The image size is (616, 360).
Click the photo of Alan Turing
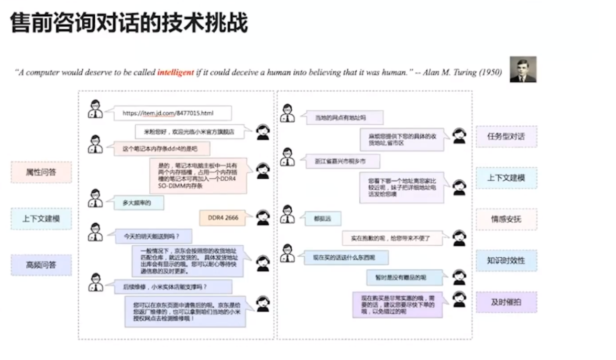click(x=523, y=70)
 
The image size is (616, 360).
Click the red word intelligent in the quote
click(x=175, y=72)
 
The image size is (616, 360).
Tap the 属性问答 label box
click(x=41, y=172)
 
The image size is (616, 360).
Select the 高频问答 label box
click(x=41, y=265)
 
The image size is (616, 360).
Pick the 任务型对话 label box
click(x=506, y=137)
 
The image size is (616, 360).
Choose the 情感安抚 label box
click(x=506, y=219)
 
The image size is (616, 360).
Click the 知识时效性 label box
click(x=506, y=260)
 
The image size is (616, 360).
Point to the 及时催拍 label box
click(x=506, y=302)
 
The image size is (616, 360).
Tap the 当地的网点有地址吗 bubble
click(x=343, y=117)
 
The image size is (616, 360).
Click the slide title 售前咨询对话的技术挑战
click(x=129, y=24)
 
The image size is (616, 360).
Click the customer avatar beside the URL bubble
click(x=95, y=109)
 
